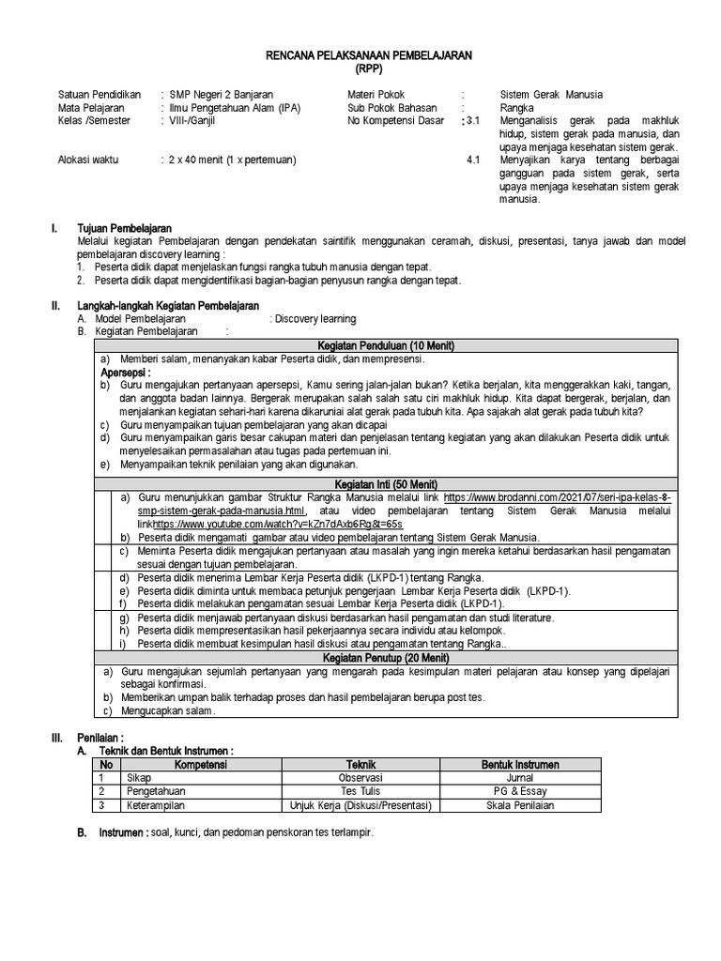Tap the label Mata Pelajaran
tap(91, 108)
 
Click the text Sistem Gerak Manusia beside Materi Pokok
tap(551, 95)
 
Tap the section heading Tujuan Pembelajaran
tap(124, 228)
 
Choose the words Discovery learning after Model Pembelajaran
tap(313, 319)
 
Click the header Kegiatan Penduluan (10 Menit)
tap(386, 345)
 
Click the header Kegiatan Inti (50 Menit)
tap(386, 482)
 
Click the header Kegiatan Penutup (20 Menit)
tap(386, 658)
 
